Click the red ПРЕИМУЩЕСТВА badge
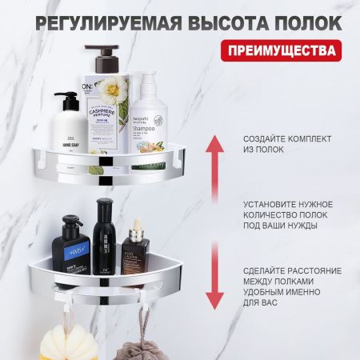pyautogui.click(x=283, y=50)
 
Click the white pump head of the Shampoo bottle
pyautogui.click(x=146, y=79)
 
